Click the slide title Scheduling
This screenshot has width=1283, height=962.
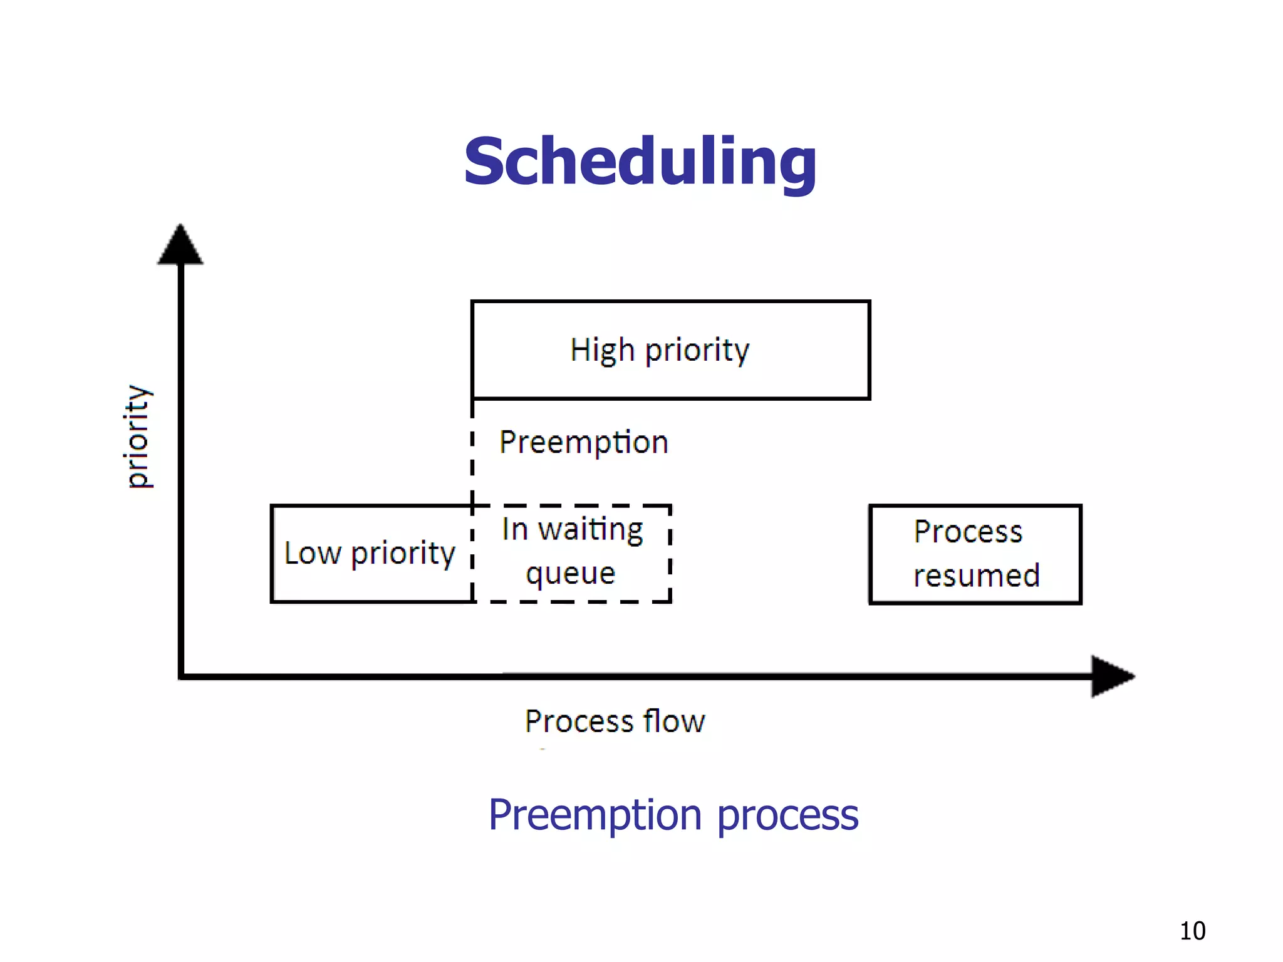[x=640, y=163]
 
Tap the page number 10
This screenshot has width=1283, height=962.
[x=1192, y=931]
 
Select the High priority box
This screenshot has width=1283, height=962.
[x=670, y=349]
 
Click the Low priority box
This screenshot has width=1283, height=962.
[x=371, y=554]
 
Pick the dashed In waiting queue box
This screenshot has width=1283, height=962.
[x=571, y=552]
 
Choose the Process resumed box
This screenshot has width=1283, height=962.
[x=975, y=554]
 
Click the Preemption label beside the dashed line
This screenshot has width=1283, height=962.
[x=583, y=443]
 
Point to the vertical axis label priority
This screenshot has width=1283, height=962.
[x=137, y=436]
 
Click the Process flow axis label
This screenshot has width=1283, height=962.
[x=615, y=721]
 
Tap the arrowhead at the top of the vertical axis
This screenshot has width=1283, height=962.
[x=180, y=246]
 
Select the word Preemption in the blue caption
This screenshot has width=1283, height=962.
[x=595, y=815]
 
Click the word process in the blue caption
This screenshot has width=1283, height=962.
[x=787, y=815]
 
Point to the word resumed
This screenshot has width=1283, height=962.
[x=976, y=576]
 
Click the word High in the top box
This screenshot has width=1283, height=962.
[x=601, y=350]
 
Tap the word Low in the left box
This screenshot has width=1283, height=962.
[x=313, y=554]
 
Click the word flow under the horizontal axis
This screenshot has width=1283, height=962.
[x=674, y=721]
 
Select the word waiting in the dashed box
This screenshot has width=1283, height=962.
[x=590, y=530]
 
